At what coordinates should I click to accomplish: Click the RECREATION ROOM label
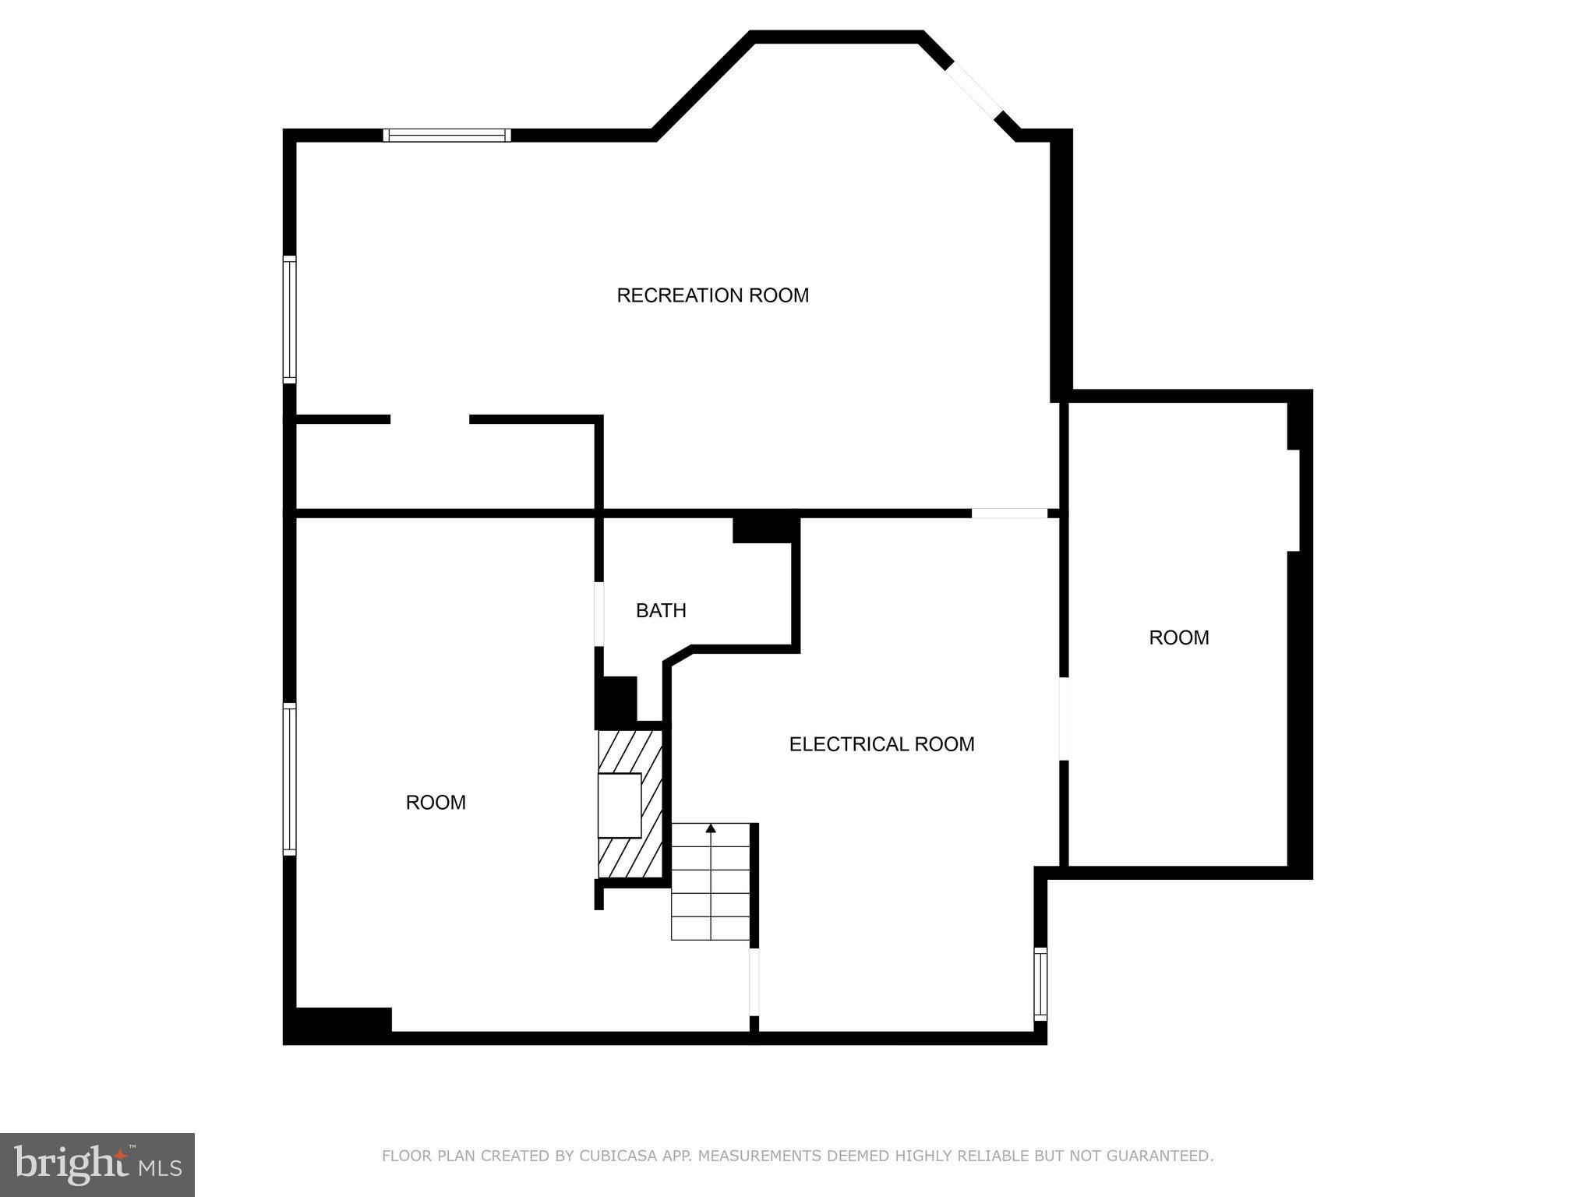click(712, 295)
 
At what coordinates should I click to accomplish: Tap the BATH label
click(661, 610)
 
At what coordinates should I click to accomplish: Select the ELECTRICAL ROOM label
click(881, 744)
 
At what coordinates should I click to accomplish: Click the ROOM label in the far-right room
click(1178, 637)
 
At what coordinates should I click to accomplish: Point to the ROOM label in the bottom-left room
click(436, 802)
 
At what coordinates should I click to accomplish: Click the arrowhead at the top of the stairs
click(711, 828)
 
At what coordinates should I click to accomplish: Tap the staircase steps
click(711, 888)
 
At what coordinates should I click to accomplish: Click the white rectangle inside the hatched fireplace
click(620, 805)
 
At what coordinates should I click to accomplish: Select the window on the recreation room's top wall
click(447, 136)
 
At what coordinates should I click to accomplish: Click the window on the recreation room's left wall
click(289, 320)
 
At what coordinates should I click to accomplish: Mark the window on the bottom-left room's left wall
click(289, 779)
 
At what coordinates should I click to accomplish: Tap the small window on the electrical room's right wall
click(1040, 983)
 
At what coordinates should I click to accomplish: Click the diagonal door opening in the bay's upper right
click(973, 90)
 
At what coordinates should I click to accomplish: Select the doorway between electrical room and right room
click(1063, 718)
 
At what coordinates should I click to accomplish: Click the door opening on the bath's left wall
click(599, 614)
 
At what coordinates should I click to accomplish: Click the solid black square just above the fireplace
click(616, 701)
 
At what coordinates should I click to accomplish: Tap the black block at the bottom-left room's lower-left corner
click(338, 1025)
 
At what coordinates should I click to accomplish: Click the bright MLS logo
click(97, 1164)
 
